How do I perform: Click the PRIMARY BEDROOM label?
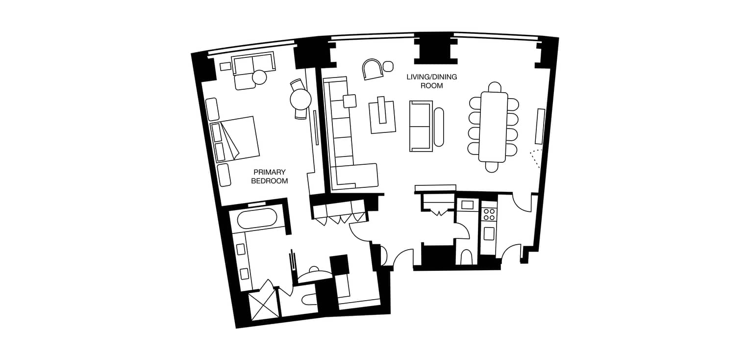[x=269, y=177]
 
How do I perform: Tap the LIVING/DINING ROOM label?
[x=431, y=81]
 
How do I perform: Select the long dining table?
[x=494, y=127]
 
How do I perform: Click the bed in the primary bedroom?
[x=235, y=139]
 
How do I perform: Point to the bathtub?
[x=257, y=219]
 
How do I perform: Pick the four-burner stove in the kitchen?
[x=489, y=214]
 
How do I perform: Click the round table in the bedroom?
[x=300, y=100]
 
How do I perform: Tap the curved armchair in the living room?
[x=373, y=69]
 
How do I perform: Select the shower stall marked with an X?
[x=264, y=305]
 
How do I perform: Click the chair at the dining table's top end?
[x=495, y=87]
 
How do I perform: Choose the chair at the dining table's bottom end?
[x=492, y=167]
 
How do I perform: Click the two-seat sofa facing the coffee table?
[x=421, y=126]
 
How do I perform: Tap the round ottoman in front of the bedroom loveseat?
[x=259, y=77]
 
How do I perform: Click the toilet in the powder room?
[x=466, y=257]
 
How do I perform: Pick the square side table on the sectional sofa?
[x=350, y=101]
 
